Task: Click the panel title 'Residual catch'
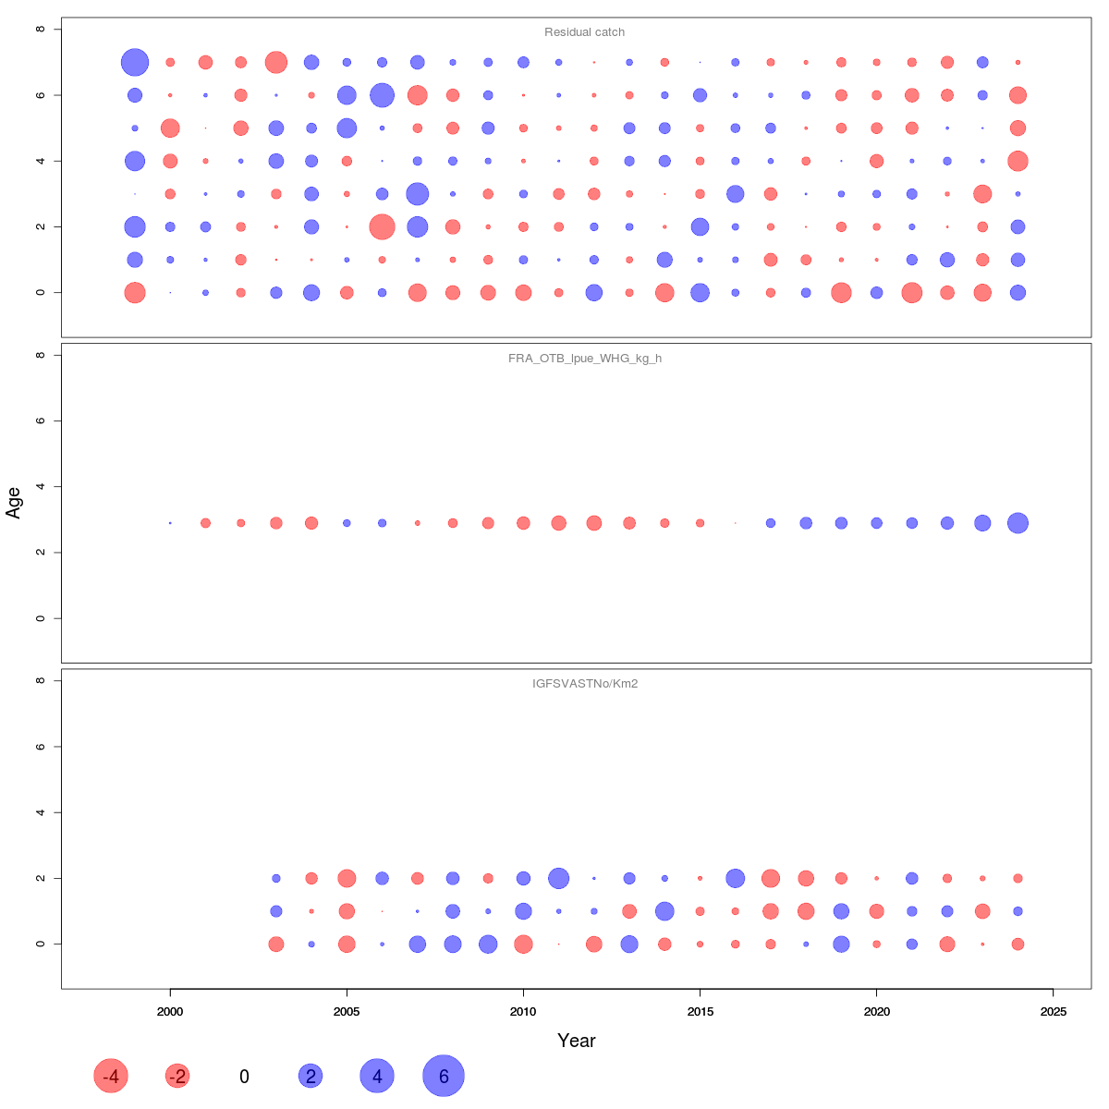584,32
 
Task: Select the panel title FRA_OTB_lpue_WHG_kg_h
584,359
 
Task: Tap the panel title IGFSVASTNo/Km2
584,684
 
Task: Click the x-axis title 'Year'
576,1041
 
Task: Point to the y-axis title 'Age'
14,503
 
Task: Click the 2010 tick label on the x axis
523,1012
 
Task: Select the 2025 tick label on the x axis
1053,1012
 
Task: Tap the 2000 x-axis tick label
170,1012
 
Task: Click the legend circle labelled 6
444,1076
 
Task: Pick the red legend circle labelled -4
111,1076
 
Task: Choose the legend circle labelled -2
177,1076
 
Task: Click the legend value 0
244,1077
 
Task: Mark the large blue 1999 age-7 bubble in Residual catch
135,62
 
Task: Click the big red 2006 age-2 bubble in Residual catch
382,226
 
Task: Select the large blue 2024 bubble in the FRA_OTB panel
1018,523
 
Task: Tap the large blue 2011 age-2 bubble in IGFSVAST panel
558,878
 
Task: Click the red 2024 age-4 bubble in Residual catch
1018,161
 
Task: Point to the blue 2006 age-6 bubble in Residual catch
382,95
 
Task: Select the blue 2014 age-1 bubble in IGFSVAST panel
664,911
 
